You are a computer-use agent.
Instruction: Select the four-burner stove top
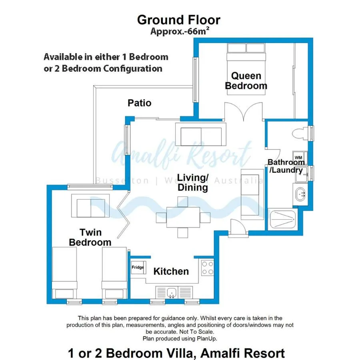click(x=207, y=268)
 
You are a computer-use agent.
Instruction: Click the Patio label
click(x=139, y=103)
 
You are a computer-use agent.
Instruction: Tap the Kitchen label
click(x=171, y=272)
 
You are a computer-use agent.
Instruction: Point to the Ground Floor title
click(x=178, y=20)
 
